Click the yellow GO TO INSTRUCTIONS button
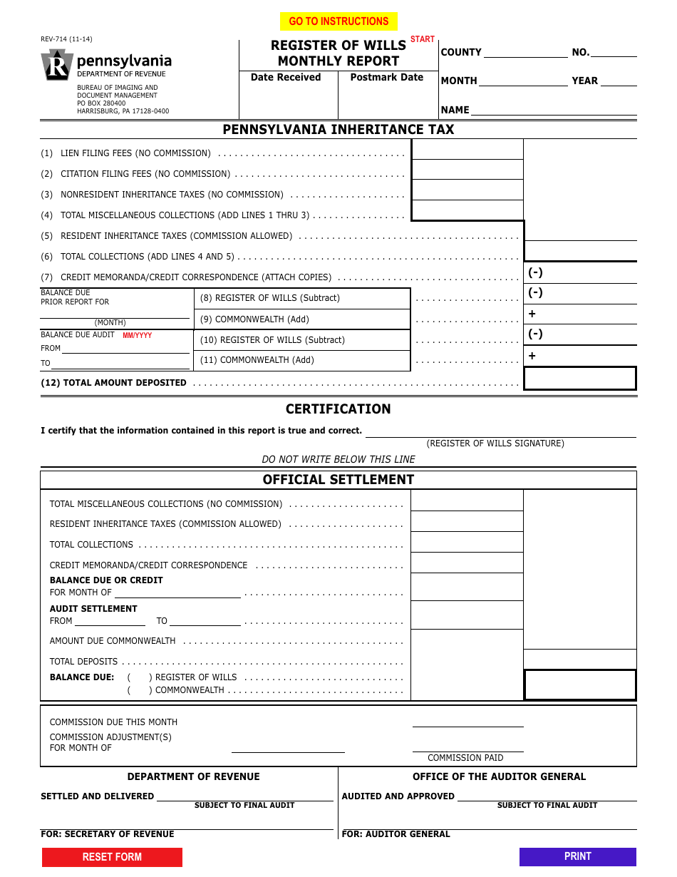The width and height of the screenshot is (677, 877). tap(338, 21)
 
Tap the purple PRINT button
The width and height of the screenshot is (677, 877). tap(577, 856)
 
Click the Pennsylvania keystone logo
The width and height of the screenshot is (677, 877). tap(57, 65)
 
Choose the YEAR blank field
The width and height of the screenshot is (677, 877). tap(619, 81)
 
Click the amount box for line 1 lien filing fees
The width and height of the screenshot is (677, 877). tap(467, 150)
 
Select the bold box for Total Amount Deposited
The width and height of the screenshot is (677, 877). tap(579, 379)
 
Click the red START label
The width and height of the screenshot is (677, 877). tap(423, 39)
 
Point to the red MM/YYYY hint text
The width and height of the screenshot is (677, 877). tap(137, 335)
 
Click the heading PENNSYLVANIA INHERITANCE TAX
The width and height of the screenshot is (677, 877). tap(338, 130)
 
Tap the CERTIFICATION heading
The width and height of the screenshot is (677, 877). tap(338, 409)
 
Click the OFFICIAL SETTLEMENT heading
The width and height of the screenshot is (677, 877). tap(338, 480)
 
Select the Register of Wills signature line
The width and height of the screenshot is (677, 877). tap(500, 432)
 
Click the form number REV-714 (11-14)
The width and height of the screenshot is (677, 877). tap(66, 39)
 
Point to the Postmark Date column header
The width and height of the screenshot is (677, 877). tap(387, 78)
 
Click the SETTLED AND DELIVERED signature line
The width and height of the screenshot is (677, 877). tap(244, 796)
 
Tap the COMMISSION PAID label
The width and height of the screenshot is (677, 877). tap(465, 758)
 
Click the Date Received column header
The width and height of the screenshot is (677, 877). tap(286, 78)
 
